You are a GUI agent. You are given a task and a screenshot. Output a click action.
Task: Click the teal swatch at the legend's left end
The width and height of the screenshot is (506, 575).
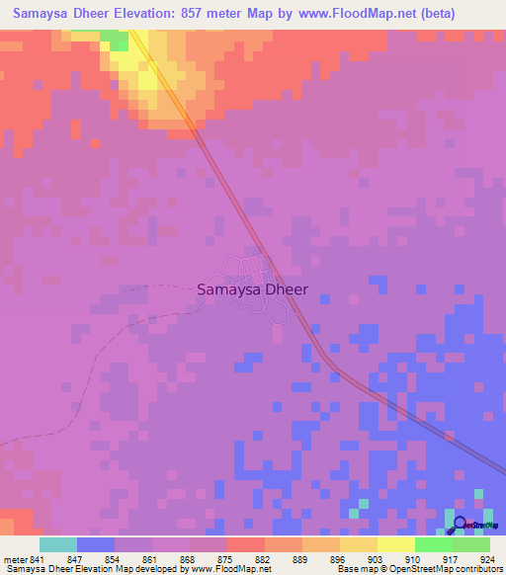click(58, 544)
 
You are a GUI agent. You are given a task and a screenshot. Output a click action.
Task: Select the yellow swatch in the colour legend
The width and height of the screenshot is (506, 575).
click(396, 544)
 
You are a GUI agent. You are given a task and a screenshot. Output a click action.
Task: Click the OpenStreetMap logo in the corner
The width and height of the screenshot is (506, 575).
click(473, 524)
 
